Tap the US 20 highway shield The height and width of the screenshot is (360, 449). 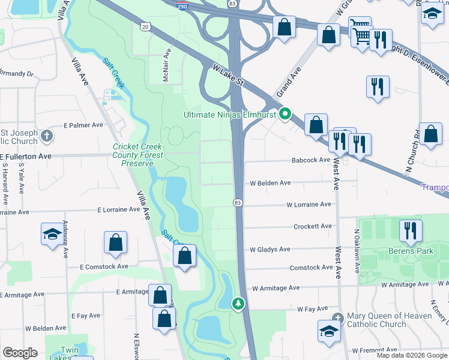tap(145, 26)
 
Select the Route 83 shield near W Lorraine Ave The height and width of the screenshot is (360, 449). tap(238, 203)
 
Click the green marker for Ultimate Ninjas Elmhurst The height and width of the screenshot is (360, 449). tap(286, 113)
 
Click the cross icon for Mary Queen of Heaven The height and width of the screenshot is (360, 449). tap(337, 317)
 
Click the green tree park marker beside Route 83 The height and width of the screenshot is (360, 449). tap(239, 304)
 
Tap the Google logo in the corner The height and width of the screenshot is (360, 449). tap(20, 353)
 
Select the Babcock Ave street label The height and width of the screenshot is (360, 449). tap(311, 160)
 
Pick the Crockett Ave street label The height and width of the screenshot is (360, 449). tap(312, 226)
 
